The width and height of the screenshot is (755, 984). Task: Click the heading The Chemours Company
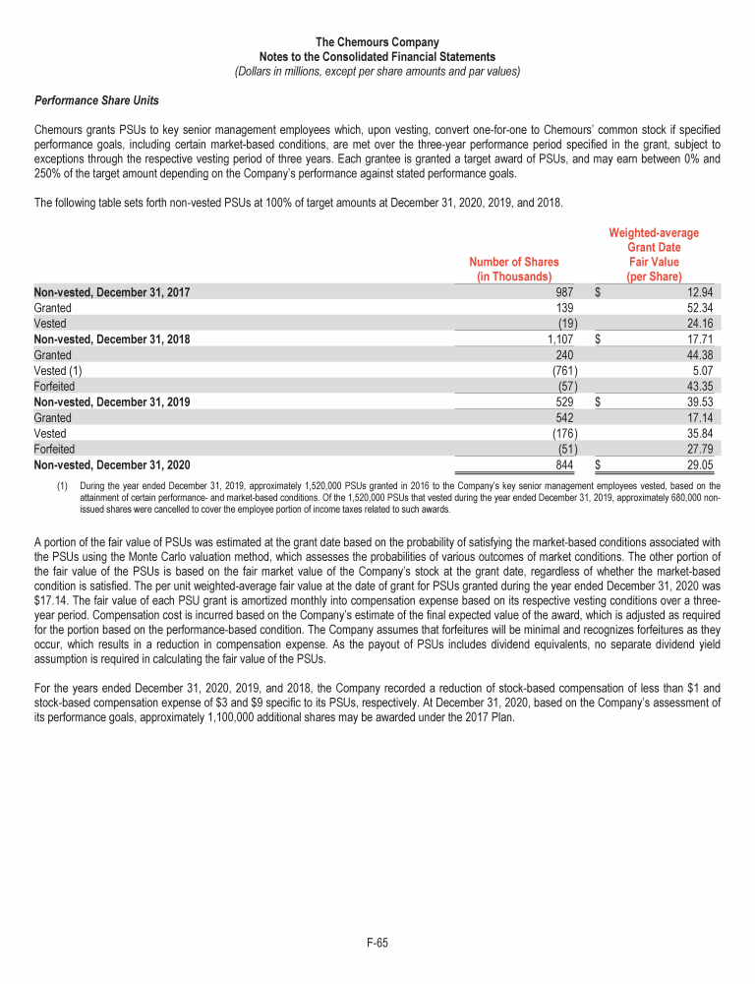tap(377, 42)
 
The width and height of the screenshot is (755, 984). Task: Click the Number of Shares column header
tap(513, 270)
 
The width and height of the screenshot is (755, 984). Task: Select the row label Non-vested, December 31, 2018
tap(112, 338)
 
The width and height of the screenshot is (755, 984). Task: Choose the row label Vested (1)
tap(56, 370)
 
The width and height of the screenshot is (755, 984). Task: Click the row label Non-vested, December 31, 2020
tap(112, 464)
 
